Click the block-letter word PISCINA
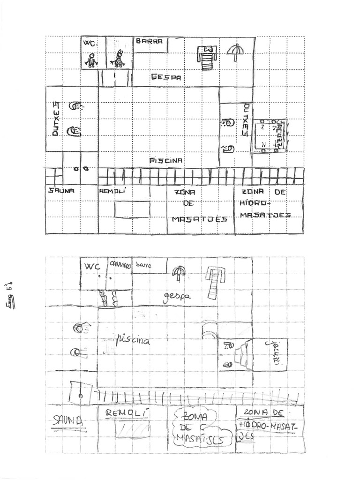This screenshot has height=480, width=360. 166,160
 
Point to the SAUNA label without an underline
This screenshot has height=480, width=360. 62,191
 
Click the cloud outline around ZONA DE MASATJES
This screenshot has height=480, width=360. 197,428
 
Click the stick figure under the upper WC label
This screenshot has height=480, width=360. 92,60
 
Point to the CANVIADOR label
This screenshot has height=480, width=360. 120,264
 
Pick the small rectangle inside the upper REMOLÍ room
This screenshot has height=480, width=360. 133,209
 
